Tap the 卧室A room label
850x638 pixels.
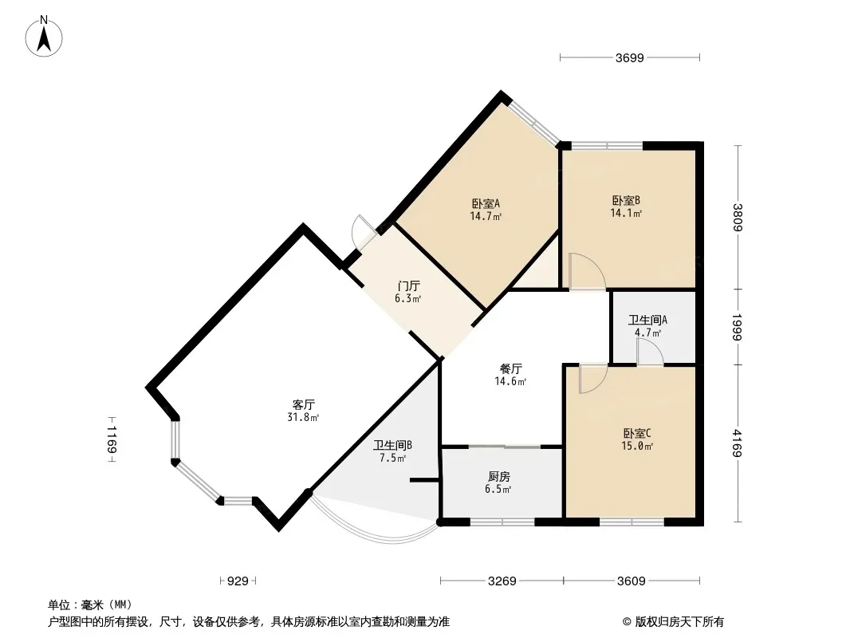[486, 203]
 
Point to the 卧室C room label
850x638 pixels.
[637, 434]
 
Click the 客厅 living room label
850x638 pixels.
[304, 404]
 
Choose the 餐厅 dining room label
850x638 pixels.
[511, 369]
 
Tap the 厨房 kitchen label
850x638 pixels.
[499, 476]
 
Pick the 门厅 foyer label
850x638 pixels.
[409, 286]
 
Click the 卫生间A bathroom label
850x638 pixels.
[647, 320]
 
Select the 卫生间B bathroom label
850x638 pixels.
[392, 446]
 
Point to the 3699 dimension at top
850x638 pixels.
[629, 57]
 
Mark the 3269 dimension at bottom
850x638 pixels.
[502, 581]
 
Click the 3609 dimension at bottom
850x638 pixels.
[631, 581]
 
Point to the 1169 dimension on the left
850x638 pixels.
[112, 439]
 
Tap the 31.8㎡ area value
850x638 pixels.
[304, 416]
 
